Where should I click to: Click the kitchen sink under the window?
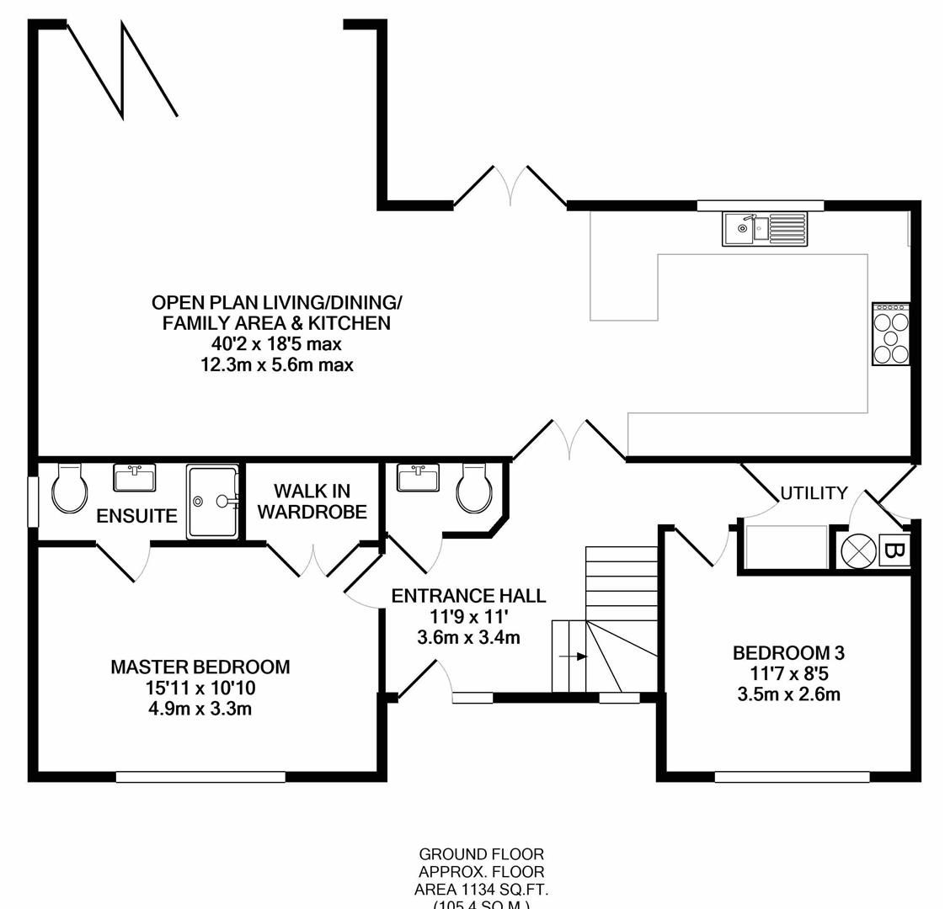click(764, 228)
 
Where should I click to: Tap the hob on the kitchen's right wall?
click(891, 334)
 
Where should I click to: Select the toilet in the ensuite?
click(69, 488)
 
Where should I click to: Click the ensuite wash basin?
click(134, 478)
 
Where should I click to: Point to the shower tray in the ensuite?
click(211, 502)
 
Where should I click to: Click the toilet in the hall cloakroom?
click(475, 488)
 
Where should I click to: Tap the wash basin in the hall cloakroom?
click(418, 478)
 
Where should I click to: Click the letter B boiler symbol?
click(894, 552)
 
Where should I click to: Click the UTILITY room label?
click(814, 493)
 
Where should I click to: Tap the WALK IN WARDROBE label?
click(312, 501)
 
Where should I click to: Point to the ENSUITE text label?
click(136, 516)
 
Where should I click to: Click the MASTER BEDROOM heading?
click(200, 667)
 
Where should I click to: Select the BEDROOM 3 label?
click(788, 652)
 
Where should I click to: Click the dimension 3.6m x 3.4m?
click(468, 637)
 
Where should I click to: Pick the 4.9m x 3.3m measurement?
click(200, 709)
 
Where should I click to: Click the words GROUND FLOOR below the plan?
click(481, 854)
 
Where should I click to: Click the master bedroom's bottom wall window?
click(200, 777)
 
